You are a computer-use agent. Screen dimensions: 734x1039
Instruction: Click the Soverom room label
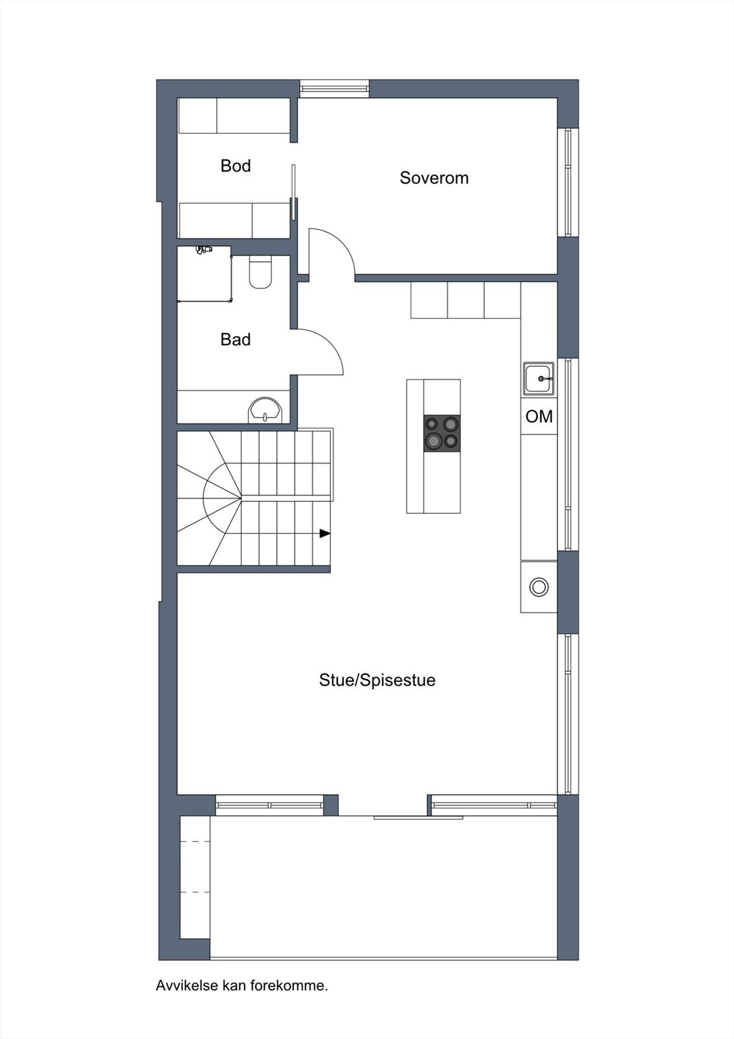point(434,178)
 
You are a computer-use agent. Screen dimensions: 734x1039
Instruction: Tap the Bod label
point(236,166)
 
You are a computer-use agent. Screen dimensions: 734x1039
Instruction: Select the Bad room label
point(236,340)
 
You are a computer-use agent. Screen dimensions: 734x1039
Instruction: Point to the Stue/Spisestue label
point(377,681)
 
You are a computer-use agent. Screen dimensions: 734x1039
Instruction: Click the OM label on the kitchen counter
point(539,416)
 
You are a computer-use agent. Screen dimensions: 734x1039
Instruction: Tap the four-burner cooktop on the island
point(442,433)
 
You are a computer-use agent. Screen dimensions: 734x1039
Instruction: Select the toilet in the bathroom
point(261,272)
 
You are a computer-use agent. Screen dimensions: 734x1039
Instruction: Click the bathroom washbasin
point(265,410)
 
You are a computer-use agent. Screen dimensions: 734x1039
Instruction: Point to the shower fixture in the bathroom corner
point(204,250)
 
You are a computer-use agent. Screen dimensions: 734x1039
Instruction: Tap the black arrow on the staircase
point(324,533)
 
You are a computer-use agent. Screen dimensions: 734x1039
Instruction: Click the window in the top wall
point(334,88)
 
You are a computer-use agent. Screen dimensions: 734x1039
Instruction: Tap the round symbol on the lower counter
point(539,587)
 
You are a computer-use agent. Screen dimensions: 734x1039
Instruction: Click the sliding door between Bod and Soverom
point(293,192)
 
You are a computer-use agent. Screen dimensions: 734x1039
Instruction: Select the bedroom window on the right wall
point(568,182)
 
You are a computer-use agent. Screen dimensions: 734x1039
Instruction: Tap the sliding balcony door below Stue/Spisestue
point(418,818)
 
